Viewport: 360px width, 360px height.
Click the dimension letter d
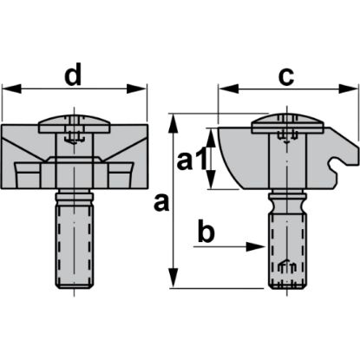[74, 76]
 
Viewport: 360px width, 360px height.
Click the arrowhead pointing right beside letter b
[258, 246]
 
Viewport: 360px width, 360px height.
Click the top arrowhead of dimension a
[177, 119]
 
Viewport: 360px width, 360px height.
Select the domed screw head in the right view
[282, 126]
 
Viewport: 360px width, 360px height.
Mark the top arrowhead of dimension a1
[211, 132]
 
